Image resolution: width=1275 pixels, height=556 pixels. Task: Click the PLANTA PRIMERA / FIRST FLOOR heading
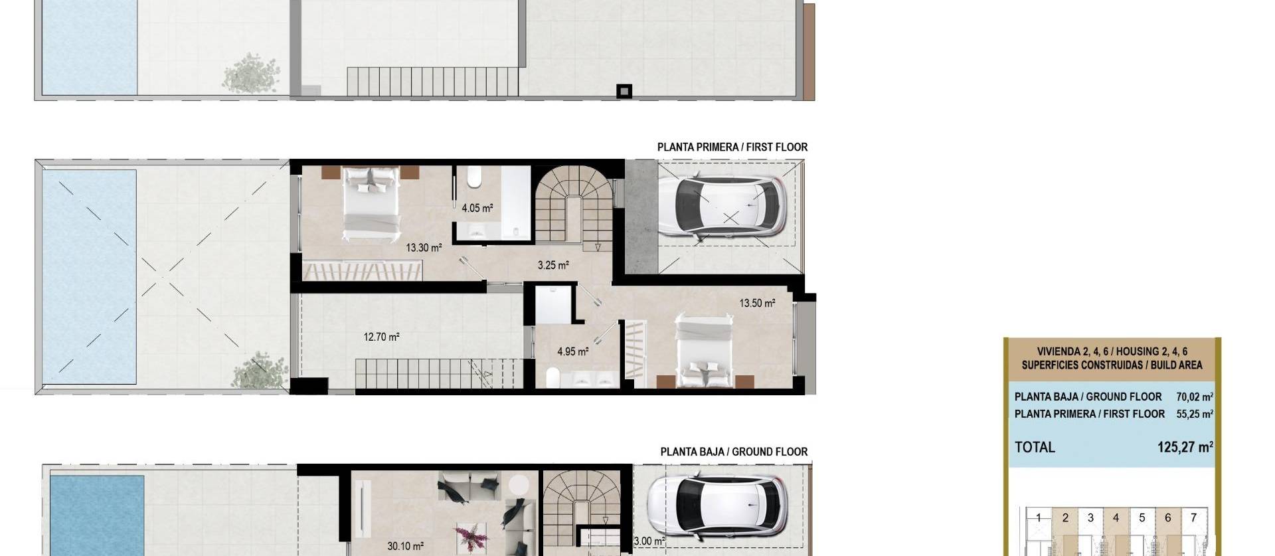(x=732, y=147)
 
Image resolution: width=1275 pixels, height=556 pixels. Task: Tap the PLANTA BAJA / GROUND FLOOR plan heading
(x=733, y=452)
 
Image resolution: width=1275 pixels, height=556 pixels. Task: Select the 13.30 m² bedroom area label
(x=424, y=248)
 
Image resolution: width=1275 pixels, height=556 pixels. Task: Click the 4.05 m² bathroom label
(x=477, y=208)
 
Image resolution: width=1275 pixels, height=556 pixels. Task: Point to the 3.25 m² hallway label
(x=552, y=265)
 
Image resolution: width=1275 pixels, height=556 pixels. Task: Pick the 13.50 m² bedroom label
(x=757, y=303)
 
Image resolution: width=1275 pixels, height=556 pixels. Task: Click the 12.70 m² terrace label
(x=381, y=337)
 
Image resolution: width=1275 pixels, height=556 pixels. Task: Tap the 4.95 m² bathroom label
(x=572, y=351)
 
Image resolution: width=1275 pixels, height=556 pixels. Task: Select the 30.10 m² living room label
(x=405, y=546)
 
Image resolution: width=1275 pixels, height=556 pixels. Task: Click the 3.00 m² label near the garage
(x=649, y=541)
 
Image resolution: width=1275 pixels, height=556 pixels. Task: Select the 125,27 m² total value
(x=1185, y=447)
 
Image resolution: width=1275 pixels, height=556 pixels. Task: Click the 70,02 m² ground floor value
(x=1194, y=397)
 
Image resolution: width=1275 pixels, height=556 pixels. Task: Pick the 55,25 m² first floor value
(x=1194, y=414)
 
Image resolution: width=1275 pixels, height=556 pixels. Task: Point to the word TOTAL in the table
(x=1035, y=447)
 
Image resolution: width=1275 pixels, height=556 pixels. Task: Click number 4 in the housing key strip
(x=1116, y=517)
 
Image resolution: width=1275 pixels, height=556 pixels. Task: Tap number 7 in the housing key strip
(x=1193, y=517)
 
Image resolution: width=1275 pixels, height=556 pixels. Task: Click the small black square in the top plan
(x=624, y=91)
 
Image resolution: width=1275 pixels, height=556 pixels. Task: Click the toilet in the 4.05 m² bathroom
(x=475, y=178)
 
